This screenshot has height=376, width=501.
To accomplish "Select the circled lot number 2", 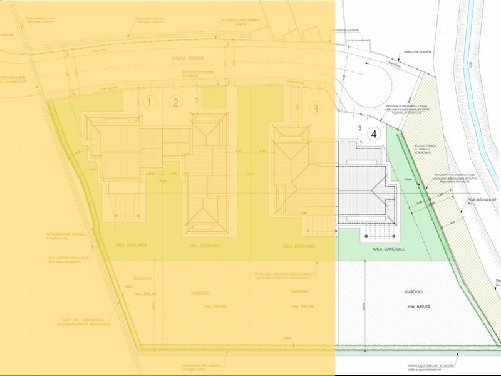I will coord(176,102).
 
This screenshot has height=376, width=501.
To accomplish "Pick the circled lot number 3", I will coord(316,108).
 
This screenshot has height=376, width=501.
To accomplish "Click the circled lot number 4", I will coord(374,133).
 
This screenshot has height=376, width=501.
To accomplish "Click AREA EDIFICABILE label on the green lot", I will coord(388,249).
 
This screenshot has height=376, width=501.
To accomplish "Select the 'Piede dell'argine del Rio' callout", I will coord(482,200).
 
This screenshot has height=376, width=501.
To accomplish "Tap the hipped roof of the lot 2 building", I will coord(205,169).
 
